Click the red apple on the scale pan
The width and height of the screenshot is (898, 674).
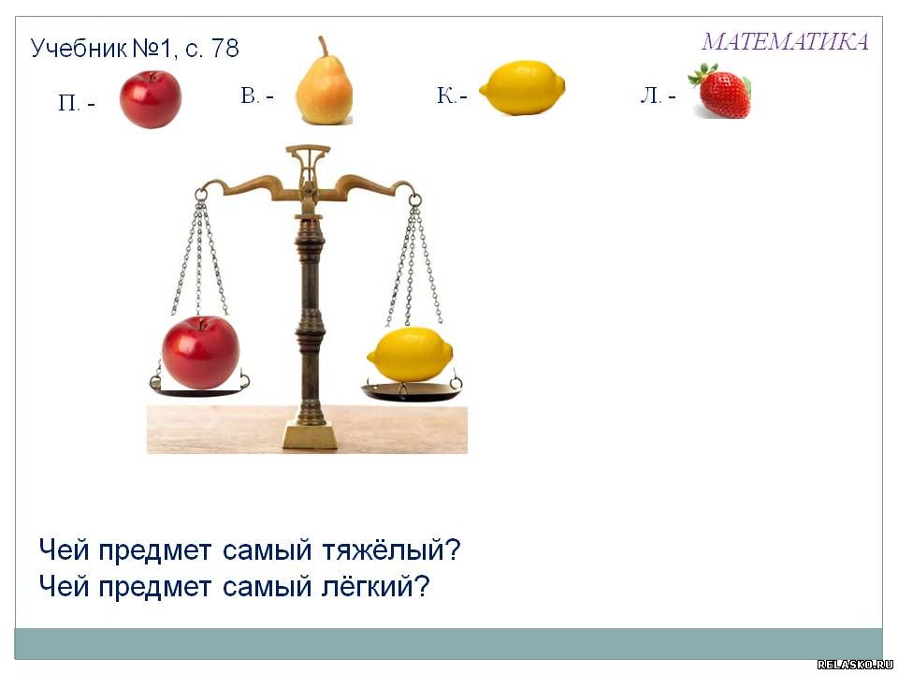click(x=200, y=352)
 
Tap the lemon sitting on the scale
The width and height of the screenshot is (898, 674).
click(x=410, y=354)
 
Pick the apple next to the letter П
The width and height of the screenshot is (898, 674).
click(x=151, y=99)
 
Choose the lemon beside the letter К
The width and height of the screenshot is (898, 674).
click(x=522, y=88)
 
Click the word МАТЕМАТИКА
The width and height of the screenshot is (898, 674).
click(x=785, y=41)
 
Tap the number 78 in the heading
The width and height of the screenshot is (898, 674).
click(x=225, y=48)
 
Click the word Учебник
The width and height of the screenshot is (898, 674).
click(x=79, y=49)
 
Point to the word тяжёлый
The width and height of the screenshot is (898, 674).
click(x=391, y=550)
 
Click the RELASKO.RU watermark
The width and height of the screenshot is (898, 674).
click(x=855, y=665)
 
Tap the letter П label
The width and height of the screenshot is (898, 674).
click(x=68, y=104)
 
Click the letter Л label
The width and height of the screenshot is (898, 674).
click(x=651, y=95)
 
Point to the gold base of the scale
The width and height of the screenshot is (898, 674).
click(x=310, y=434)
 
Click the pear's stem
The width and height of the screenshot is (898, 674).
click(x=324, y=46)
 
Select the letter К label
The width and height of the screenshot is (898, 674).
click(x=446, y=95)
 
